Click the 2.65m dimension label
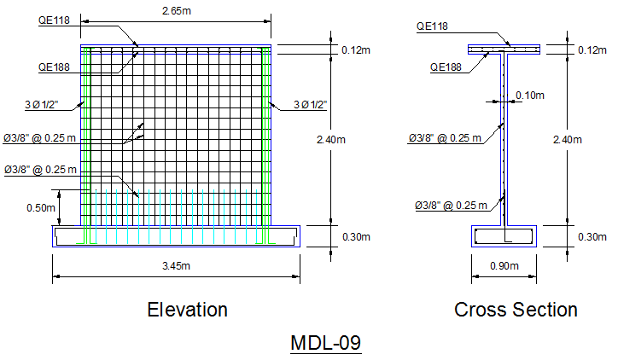[177, 11]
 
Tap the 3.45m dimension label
[176, 266]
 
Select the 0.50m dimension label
[41, 208]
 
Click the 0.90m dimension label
[504, 266]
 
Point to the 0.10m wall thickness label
[530, 96]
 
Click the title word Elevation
[188, 310]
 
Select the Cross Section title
[516, 310]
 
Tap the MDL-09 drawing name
[325, 343]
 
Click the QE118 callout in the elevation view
[54, 20]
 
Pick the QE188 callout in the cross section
[446, 67]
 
